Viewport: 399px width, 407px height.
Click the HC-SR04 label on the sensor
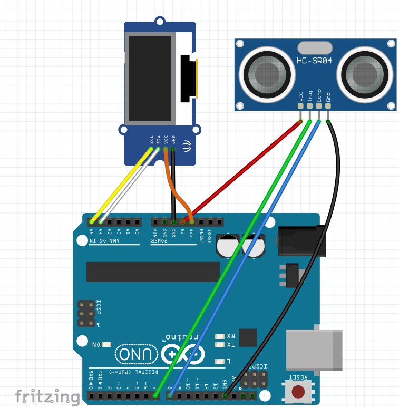click(314, 61)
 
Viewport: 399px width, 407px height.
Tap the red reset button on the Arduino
click(298, 392)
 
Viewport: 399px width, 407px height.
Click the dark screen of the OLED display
click(150, 77)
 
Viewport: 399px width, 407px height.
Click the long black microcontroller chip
click(153, 272)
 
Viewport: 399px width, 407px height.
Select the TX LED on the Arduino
click(220, 345)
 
